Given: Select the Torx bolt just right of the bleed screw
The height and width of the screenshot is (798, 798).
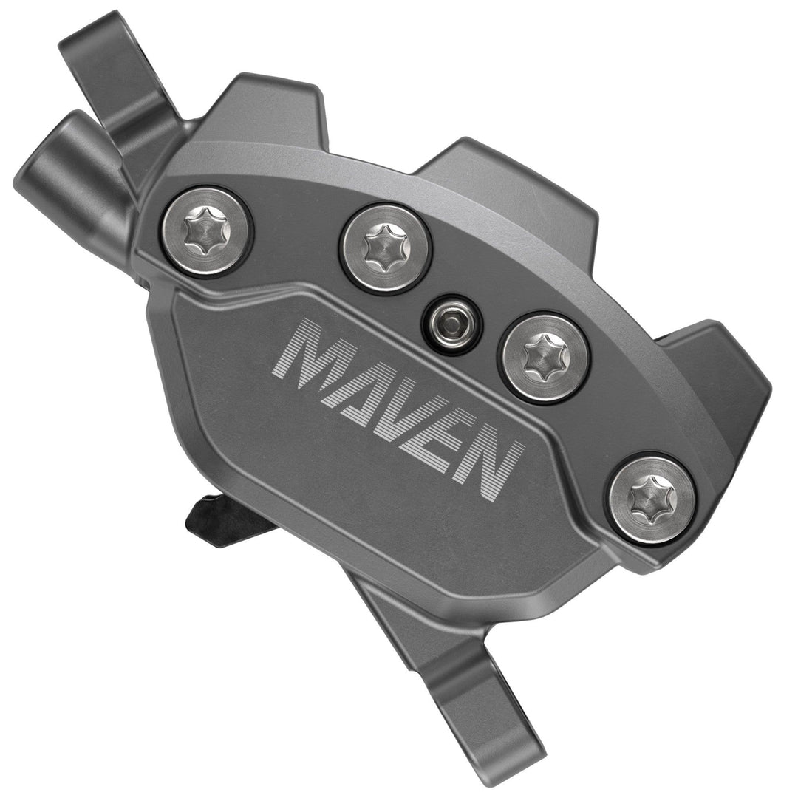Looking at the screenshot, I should (x=544, y=356).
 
